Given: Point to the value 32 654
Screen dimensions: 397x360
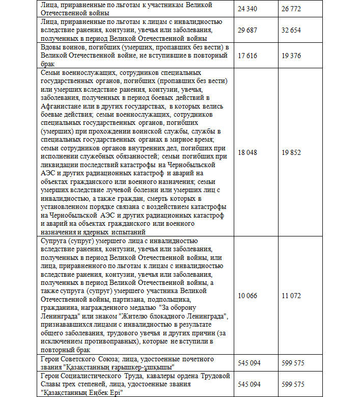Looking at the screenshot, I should tap(292, 30).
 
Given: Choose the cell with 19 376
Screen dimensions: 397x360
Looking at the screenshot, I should tap(292, 56).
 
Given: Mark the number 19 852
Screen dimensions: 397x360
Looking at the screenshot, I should tap(292, 152).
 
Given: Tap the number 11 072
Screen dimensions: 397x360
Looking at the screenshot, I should tap(292, 296).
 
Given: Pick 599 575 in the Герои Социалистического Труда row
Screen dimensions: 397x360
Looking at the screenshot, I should tap(294, 384).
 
